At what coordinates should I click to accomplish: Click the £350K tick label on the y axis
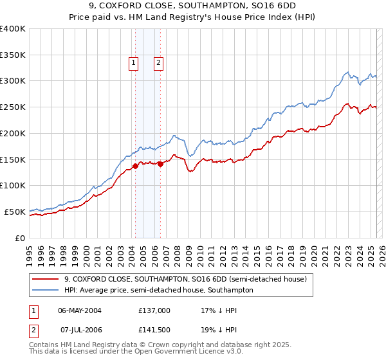(13, 55)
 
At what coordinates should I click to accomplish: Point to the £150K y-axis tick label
(13, 159)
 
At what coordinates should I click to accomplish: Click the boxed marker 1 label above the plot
(133, 63)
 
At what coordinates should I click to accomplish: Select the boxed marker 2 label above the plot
(158, 63)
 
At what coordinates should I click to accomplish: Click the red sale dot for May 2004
(135, 166)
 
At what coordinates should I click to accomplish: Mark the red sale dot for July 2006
(160, 164)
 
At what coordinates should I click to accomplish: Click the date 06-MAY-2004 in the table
(80, 310)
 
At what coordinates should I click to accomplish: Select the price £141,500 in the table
(154, 330)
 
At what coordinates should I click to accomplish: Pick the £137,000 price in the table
(154, 310)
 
